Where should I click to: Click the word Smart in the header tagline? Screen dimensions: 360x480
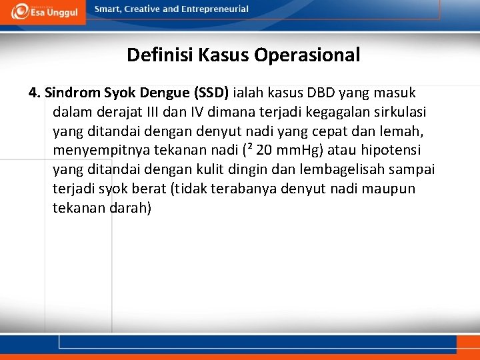tap(109, 9)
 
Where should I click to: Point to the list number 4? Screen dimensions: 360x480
tap(34, 92)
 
